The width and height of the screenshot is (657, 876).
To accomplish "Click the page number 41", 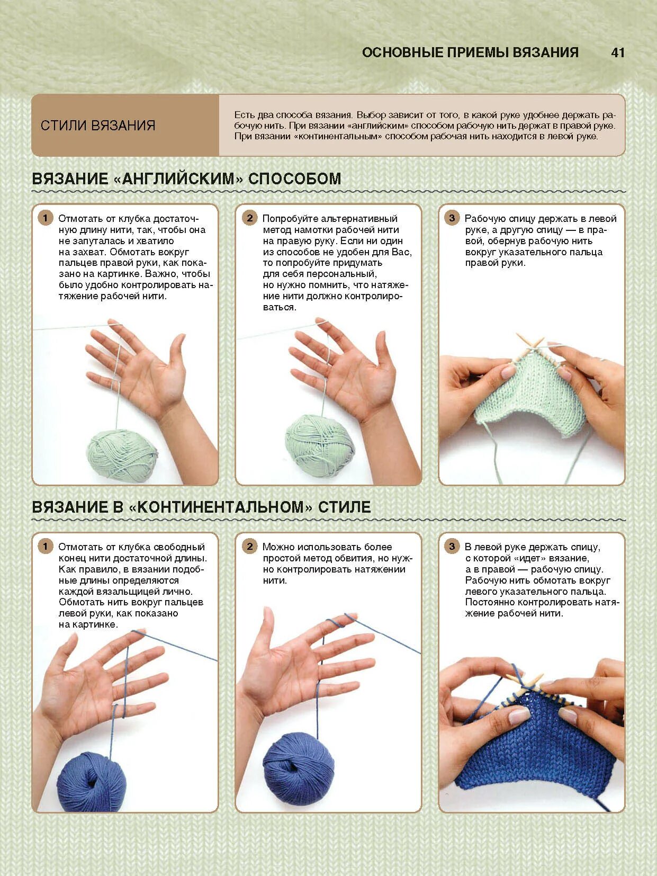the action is (x=617, y=52).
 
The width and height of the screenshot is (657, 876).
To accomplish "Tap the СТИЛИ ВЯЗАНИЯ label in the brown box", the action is (x=98, y=126).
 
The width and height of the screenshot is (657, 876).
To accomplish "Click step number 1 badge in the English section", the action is (x=45, y=218).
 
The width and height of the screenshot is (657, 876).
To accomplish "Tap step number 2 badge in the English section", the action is (x=250, y=218).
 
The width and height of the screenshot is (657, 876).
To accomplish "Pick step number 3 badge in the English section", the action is (x=452, y=218).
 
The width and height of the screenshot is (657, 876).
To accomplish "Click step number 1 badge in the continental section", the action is (x=45, y=547).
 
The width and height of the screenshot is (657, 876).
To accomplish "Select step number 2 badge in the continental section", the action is (x=250, y=547).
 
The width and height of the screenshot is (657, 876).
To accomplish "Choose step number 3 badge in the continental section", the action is (x=452, y=547).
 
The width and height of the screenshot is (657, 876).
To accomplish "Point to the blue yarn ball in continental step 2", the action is (x=298, y=764).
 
